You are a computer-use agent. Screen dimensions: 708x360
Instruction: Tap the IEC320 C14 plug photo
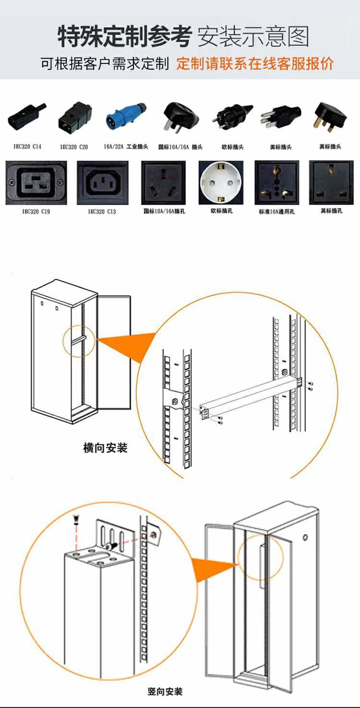pos(27,117)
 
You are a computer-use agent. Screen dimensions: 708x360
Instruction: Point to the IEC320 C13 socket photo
pos(102,183)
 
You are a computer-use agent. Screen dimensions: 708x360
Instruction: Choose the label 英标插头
pos(330,146)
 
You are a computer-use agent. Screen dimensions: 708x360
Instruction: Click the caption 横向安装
pos(106,448)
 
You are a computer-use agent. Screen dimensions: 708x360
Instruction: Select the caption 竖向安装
pos(165,692)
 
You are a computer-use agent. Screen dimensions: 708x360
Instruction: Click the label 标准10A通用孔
pos(277,211)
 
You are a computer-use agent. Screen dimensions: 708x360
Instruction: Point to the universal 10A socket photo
pos(277,183)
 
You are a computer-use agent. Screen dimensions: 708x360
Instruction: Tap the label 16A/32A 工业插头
pos(126,146)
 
